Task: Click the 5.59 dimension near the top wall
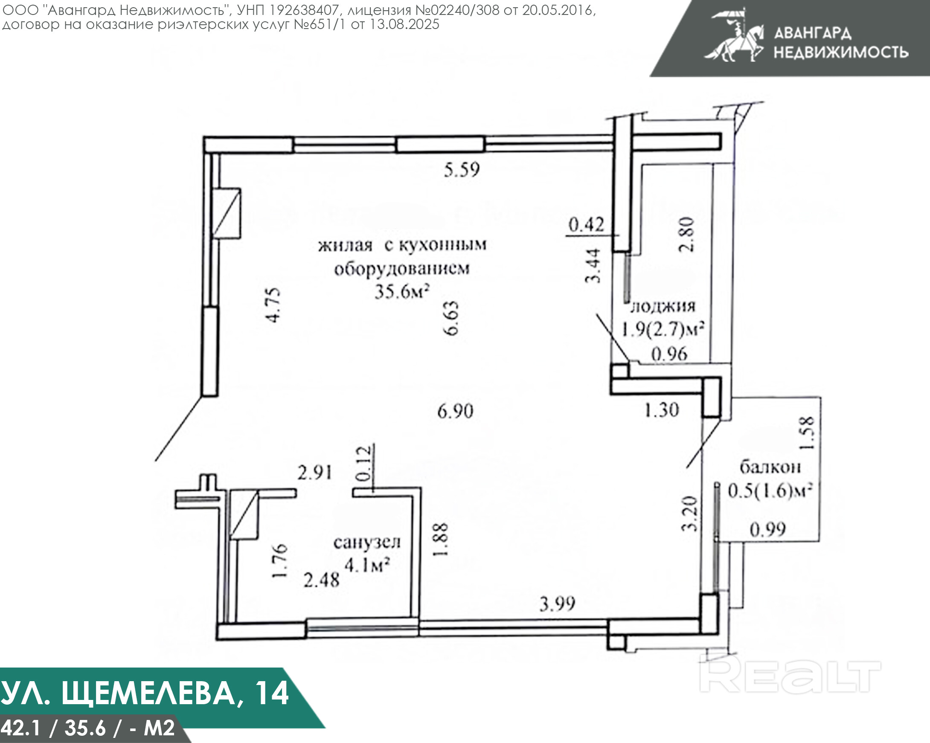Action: click(x=462, y=169)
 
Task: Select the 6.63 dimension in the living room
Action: click(x=451, y=318)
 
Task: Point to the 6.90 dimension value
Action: click(x=455, y=411)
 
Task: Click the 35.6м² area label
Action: click(x=401, y=291)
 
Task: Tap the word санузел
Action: click(x=366, y=543)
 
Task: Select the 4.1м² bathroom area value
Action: click(x=367, y=564)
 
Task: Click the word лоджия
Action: click(x=663, y=306)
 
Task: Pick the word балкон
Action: click(x=770, y=467)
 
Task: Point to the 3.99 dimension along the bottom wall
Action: click(x=557, y=604)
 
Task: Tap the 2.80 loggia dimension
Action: click(x=686, y=234)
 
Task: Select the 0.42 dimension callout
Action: click(x=586, y=224)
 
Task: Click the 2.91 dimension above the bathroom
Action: click(x=315, y=473)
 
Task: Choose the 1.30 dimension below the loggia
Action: click(x=661, y=409)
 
